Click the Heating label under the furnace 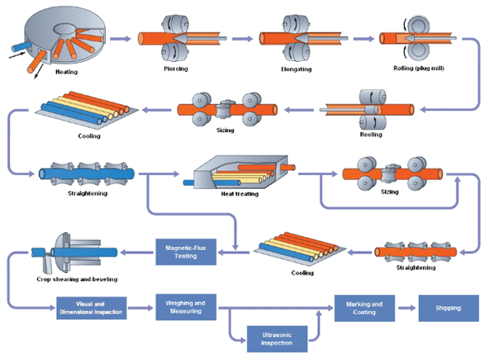click(x=67, y=72)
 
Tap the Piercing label click(x=175, y=69)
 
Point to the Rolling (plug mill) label click(x=416, y=69)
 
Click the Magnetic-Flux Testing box click(x=185, y=252)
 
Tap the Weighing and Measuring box click(x=185, y=308)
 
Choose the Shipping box click(x=447, y=308)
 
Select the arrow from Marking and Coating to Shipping click(x=406, y=308)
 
